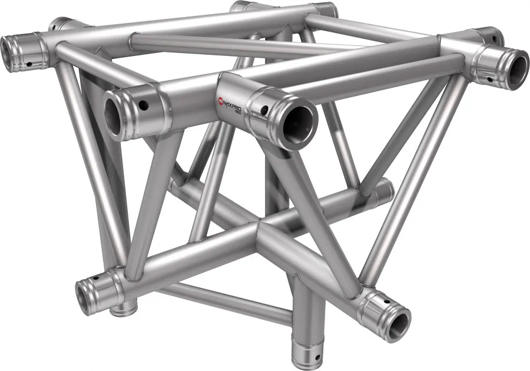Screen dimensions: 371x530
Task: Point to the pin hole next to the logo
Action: [x=265, y=109]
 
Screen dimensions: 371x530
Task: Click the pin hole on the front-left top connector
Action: [x=144, y=105]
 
